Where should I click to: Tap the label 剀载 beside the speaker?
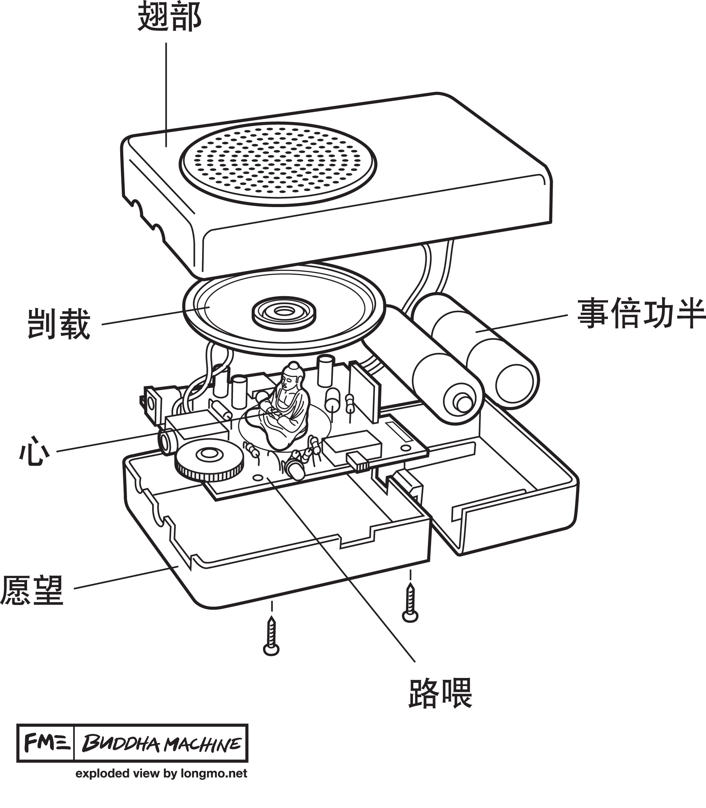[x=59, y=324]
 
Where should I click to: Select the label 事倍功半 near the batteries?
[x=641, y=314]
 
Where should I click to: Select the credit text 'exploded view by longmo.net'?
[x=161, y=773]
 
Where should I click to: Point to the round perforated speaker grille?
[x=278, y=163]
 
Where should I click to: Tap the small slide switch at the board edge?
[x=358, y=462]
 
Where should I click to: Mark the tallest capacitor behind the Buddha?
[x=325, y=370]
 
